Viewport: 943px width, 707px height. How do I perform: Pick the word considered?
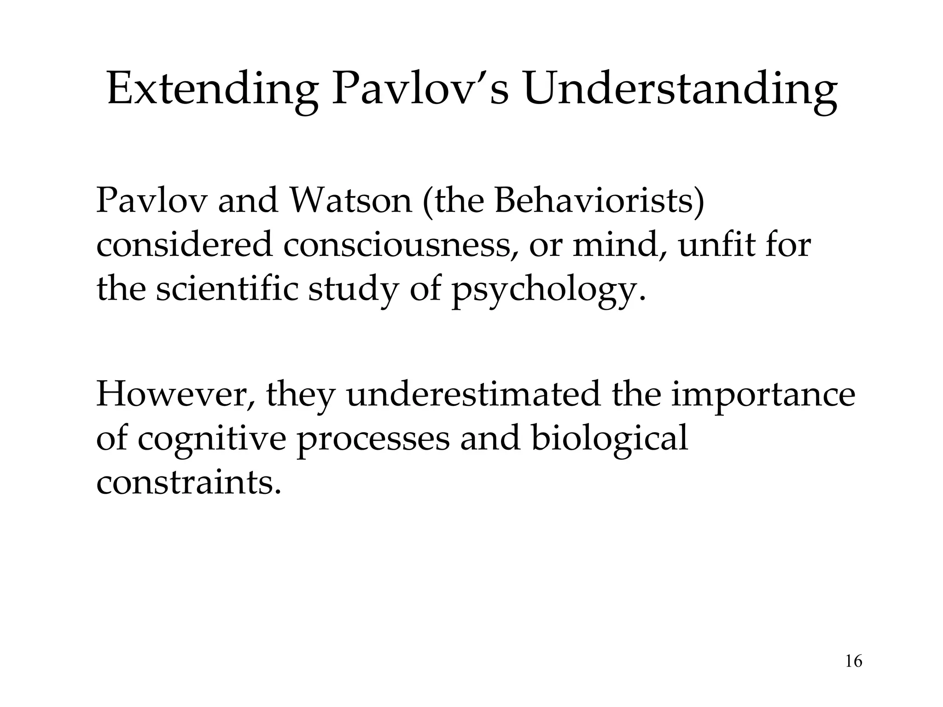click(x=184, y=245)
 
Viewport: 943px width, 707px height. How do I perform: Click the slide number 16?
click(x=854, y=661)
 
